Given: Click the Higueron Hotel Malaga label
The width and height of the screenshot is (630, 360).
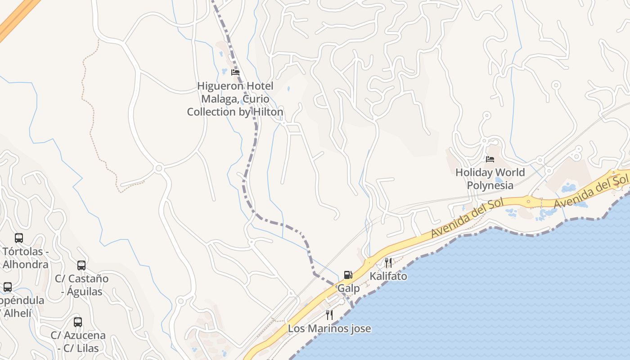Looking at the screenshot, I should coord(235,99).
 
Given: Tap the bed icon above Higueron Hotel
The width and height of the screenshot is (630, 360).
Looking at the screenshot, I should coord(235,72).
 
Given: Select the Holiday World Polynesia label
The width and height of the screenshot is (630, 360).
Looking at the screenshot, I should coord(490,179).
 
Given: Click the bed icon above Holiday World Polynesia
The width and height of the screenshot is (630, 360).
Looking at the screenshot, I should coord(490,159).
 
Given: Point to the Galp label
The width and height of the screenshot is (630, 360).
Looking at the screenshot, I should coord(349,288).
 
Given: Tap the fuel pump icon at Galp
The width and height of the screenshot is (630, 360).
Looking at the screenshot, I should coord(348,274).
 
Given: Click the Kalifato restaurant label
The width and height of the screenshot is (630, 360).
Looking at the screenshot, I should coord(388,276).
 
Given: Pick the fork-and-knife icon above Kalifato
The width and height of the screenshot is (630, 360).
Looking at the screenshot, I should coord(388,263).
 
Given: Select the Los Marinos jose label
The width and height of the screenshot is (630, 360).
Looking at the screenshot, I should coord(329,328).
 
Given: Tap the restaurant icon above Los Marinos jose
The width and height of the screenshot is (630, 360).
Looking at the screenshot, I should coord(329,315).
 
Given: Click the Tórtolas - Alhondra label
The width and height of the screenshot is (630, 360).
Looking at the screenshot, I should coord(25,258).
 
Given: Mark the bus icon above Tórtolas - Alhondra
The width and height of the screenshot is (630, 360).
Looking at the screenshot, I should coord(19,238).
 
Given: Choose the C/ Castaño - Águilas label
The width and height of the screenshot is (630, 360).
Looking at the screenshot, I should coord(81,285).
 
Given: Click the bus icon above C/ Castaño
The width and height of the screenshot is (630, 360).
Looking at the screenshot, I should coord(81,265).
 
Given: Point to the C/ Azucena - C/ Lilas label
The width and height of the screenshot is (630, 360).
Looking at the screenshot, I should coord(78,342).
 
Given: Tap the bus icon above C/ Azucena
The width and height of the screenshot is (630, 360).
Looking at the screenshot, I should coord(78,322).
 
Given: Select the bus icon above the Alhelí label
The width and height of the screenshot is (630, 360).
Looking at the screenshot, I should coord(8,287).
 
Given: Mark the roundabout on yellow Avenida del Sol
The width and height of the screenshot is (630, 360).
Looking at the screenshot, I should coord(529,201).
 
